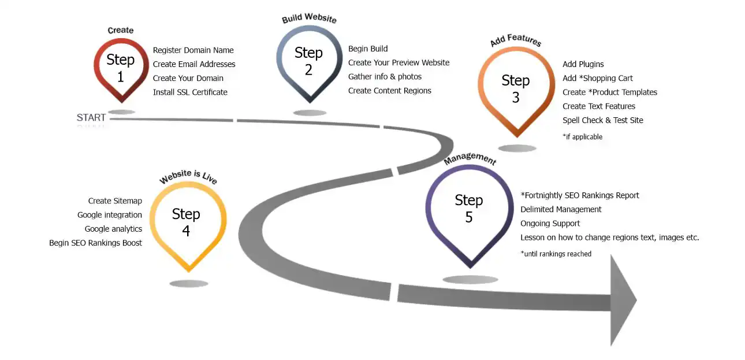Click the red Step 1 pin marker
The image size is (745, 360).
click(121, 67)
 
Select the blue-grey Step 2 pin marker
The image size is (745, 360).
click(308, 61)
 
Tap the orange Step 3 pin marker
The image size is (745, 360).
click(516, 88)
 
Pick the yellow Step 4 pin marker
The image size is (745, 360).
click(186, 222)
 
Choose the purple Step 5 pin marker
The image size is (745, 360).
click(469, 208)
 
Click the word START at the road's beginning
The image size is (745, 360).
click(91, 118)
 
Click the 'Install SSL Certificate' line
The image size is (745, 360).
click(190, 92)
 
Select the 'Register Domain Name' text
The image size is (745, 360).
click(193, 50)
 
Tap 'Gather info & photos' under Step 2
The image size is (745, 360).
click(385, 77)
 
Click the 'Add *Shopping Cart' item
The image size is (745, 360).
click(598, 79)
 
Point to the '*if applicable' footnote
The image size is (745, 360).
click(582, 137)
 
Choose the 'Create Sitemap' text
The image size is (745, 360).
click(115, 201)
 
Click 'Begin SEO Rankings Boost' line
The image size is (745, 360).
click(95, 243)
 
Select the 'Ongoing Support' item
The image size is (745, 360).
click(550, 224)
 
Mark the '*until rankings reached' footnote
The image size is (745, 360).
click(556, 254)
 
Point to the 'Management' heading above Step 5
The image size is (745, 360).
click(470, 159)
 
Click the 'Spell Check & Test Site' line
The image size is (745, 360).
click(602, 121)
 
